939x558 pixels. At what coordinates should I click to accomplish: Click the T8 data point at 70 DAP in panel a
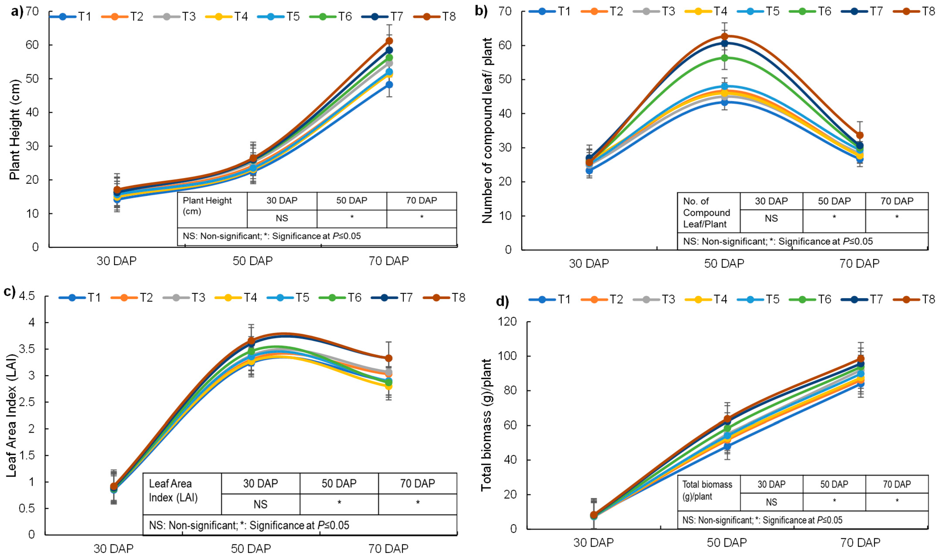coord(389,41)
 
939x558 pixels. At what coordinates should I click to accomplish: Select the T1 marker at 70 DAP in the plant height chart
coord(389,85)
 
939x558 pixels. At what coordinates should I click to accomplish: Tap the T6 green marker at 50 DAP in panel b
coord(724,58)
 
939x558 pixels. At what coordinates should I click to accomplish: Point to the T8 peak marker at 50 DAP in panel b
coord(724,37)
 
